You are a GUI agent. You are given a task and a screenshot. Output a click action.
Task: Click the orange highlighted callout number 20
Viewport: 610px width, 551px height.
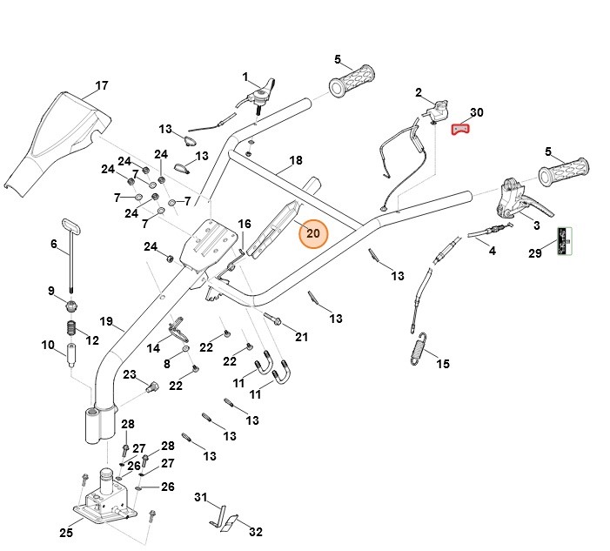[x=313, y=233]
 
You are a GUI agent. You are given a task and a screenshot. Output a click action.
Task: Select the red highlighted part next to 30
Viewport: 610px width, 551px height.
[x=459, y=130]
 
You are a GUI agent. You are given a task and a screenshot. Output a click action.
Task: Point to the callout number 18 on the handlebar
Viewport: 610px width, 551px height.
[x=296, y=161]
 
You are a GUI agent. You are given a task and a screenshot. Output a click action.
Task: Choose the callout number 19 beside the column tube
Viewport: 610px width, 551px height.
[x=106, y=322]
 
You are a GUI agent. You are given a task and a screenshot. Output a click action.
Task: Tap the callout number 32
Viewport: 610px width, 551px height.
[x=255, y=532]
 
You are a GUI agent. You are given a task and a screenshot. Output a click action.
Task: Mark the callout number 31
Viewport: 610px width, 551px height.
[x=201, y=497]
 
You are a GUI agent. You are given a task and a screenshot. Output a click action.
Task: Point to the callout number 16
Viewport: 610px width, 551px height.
[x=245, y=225]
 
